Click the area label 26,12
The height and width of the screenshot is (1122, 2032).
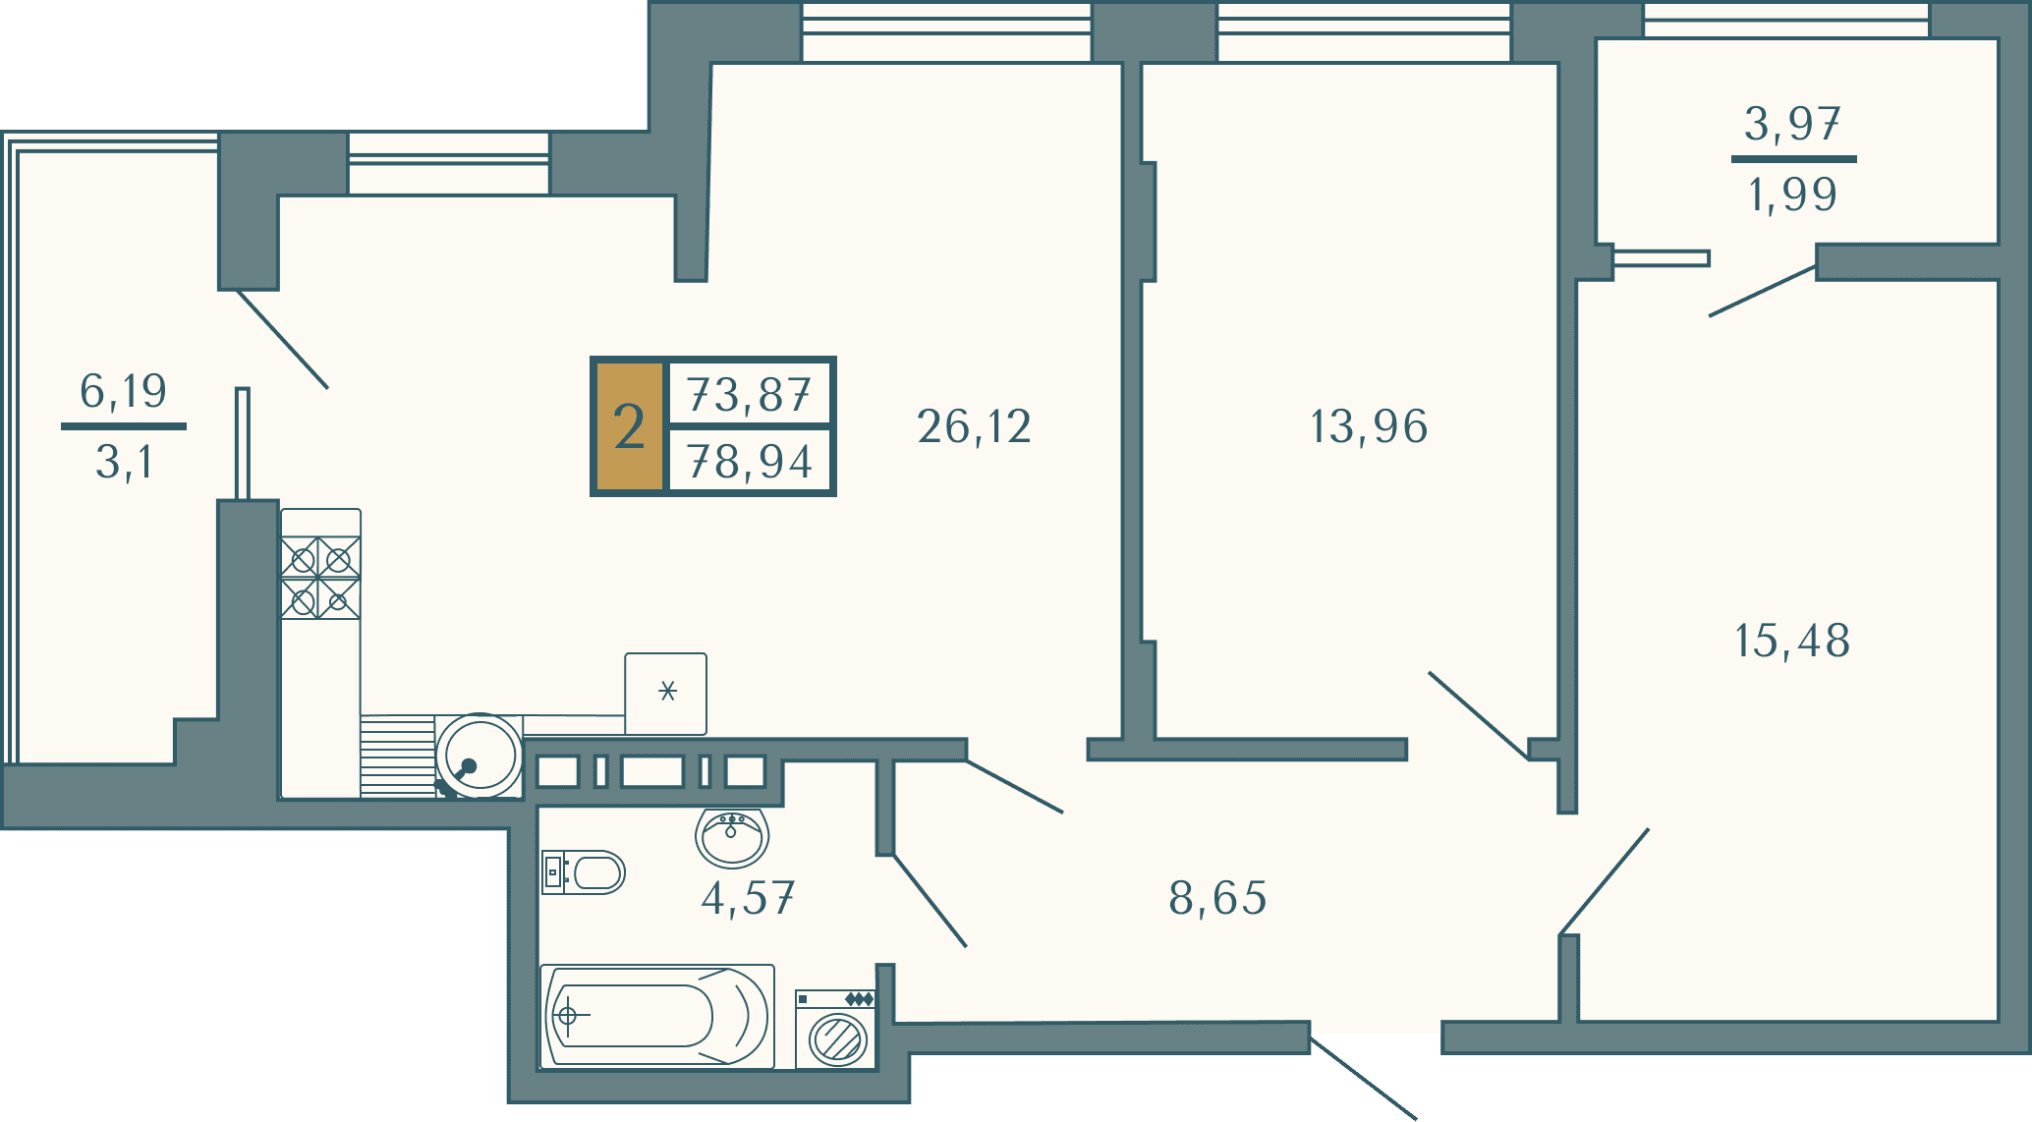[974, 427]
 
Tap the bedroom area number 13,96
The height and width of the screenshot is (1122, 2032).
[1369, 427]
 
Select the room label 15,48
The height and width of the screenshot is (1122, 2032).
[1792, 642]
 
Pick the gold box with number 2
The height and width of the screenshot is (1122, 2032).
[629, 426]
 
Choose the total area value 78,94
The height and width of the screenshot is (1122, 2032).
[750, 462]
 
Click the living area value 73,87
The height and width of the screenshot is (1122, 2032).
[750, 395]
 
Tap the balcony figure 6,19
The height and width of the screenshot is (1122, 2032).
[123, 391]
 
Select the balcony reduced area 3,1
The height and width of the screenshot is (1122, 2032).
[124, 462]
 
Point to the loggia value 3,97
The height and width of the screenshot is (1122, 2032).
[1792, 124]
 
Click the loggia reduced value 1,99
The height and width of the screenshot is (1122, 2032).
[1792, 195]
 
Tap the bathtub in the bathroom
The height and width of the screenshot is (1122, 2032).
[657, 1016]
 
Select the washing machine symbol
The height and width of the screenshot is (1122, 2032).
[835, 1029]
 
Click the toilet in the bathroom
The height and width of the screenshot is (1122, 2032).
[583, 872]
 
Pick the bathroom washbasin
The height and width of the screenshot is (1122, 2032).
[732, 838]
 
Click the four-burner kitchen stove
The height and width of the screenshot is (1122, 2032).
[320, 578]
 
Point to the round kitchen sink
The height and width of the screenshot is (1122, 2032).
[480, 756]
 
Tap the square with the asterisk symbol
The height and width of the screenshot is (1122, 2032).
[666, 694]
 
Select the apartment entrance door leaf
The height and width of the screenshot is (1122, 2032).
[1363, 1078]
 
